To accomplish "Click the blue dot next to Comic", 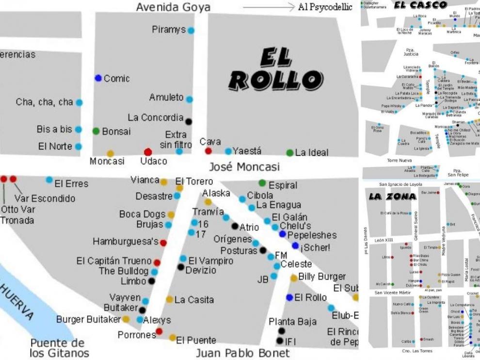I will tap(98, 78).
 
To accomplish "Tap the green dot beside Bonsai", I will tap(96, 131).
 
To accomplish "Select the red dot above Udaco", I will tap(148, 152).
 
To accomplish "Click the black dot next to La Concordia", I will tap(189, 122).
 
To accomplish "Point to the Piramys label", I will tap(169, 30).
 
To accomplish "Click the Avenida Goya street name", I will tap(173, 7).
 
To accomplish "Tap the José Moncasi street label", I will tap(244, 167).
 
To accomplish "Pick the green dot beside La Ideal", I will tap(290, 153).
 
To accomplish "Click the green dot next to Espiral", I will tap(262, 183).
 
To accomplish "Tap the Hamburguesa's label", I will tap(126, 241).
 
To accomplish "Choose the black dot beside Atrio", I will tap(235, 226).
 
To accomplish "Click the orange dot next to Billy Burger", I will tap(294, 278).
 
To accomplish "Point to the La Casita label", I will tap(194, 300).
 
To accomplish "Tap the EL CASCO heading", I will tap(420, 5).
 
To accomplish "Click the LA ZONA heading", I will tap(392, 196).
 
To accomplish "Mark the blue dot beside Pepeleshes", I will tap(283, 234).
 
